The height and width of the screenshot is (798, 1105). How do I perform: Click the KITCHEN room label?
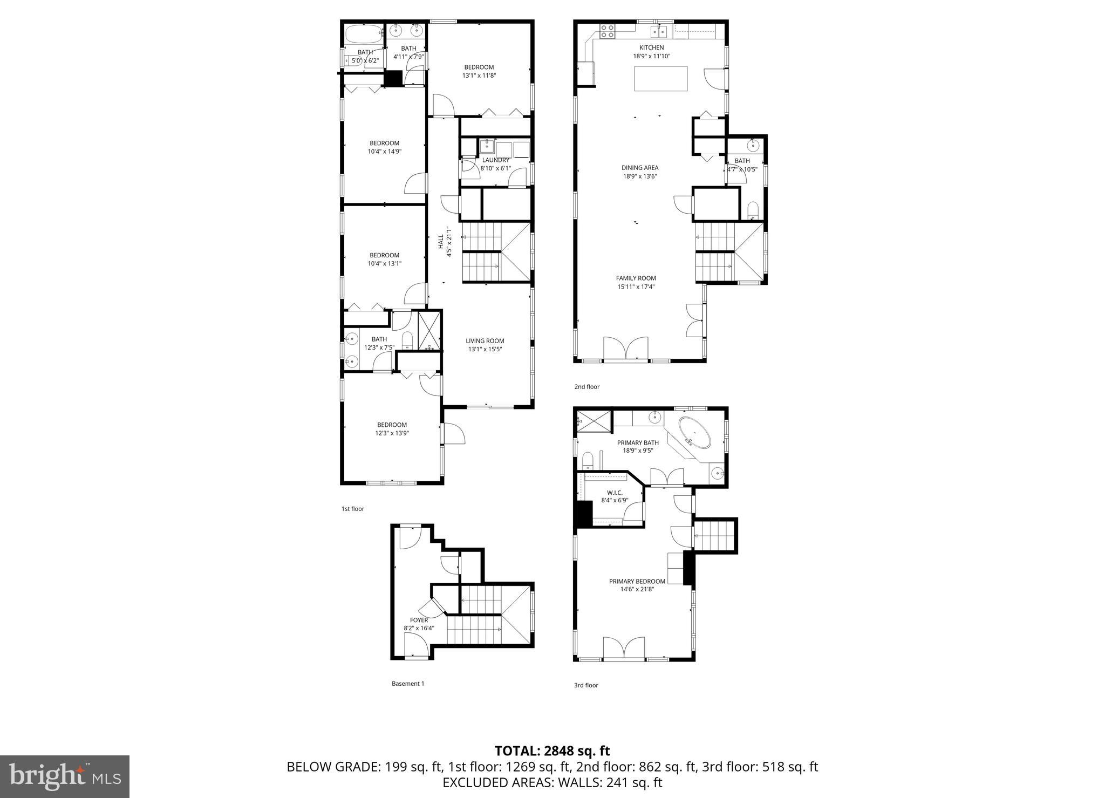(x=652, y=47)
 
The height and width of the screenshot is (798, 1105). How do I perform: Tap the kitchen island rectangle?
(x=661, y=79)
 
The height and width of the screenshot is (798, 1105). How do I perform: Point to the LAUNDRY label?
(x=495, y=160)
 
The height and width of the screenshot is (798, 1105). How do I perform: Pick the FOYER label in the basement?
(x=419, y=620)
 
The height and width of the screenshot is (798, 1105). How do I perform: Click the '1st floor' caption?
(x=353, y=509)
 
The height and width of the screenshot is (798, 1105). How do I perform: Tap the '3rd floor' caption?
(x=586, y=685)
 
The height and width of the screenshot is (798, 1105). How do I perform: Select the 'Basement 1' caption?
(x=408, y=684)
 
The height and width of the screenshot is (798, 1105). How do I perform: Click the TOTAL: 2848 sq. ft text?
(x=552, y=751)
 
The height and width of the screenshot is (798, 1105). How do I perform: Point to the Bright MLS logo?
(x=65, y=776)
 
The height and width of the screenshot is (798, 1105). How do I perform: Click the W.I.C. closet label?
(x=615, y=493)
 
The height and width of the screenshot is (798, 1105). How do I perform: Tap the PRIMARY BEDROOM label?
(x=637, y=581)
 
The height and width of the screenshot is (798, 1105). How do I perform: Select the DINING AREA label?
(x=640, y=168)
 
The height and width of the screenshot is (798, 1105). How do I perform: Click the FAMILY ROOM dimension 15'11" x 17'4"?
(x=636, y=287)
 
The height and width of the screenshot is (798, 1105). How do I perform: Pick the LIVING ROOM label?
(x=485, y=340)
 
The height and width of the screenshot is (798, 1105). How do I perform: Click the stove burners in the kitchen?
(x=608, y=31)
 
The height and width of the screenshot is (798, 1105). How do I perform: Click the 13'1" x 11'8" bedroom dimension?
(x=479, y=76)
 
